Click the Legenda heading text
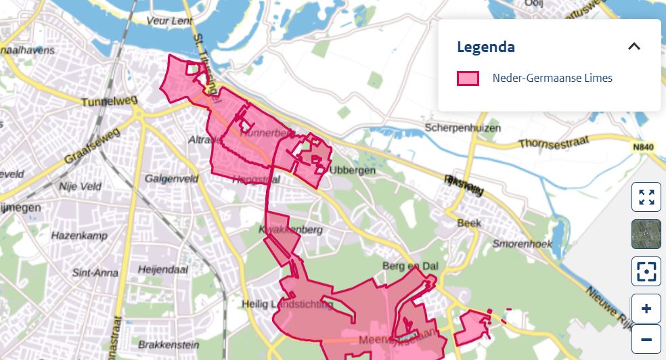(485, 47)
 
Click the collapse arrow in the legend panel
(634, 47)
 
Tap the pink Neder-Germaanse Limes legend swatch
(468, 78)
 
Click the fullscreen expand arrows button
(646, 197)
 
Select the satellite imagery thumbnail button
(646, 234)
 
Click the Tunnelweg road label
(109, 102)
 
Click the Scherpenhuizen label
(462, 127)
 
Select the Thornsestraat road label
(554, 143)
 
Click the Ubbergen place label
(352, 171)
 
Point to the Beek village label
(468, 223)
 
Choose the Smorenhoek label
(522, 244)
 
